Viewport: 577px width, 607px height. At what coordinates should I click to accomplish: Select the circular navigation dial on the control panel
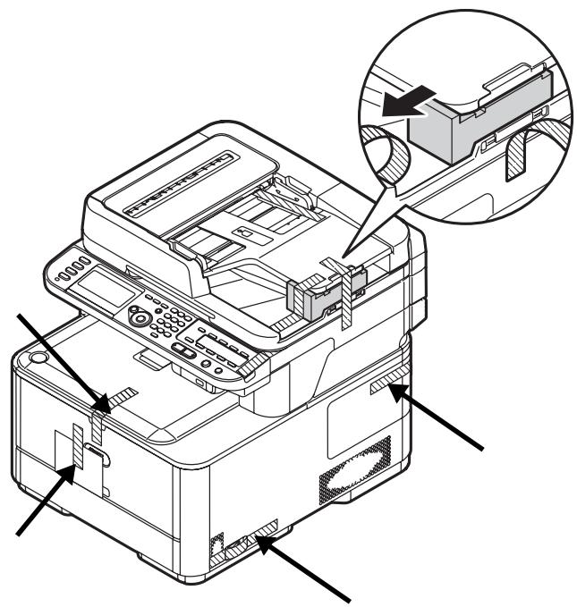coord(140,317)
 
